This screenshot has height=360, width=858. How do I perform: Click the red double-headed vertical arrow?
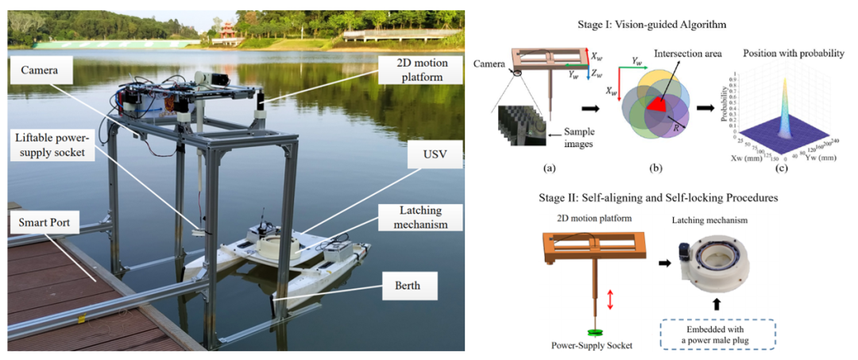[610, 299]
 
